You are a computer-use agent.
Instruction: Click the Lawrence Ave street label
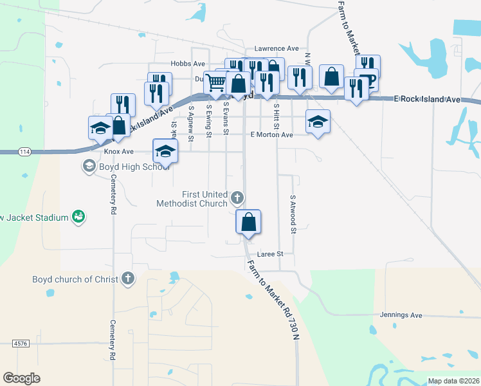coord(277,48)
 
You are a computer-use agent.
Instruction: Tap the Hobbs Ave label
coord(187,64)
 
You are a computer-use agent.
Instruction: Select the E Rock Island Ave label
coord(427,100)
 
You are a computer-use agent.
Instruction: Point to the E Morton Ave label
coord(271,134)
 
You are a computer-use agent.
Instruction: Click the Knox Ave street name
coord(118,151)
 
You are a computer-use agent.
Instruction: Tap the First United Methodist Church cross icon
coord(237,198)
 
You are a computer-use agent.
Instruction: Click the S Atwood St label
coord(293,214)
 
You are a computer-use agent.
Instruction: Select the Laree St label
coord(271,254)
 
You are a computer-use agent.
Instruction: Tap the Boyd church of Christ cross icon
coord(128,279)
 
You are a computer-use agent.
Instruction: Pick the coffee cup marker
coord(368,79)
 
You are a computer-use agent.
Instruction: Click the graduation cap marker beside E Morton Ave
coord(318,122)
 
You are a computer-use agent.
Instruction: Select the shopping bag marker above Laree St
coord(248,222)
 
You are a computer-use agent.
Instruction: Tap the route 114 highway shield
coord(24,151)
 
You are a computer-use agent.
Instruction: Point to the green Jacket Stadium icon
coord(78,217)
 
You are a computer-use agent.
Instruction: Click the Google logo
coord(21,378)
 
